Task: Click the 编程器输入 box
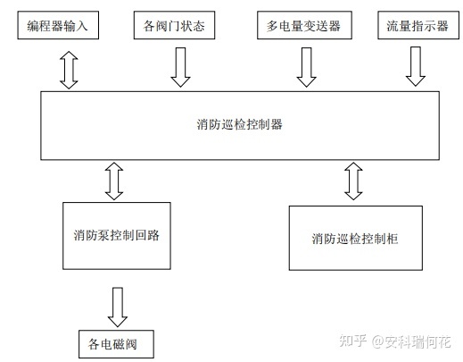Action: pyautogui.click(x=58, y=25)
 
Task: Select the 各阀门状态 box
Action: pyautogui.click(x=174, y=25)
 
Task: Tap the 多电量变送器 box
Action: pyautogui.click(x=304, y=25)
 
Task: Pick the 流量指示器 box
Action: pyautogui.click(x=418, y=25)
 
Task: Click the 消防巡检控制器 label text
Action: pyautogui.click(x=239, y=124)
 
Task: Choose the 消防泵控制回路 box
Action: pyautogui.click(x=117, y=236)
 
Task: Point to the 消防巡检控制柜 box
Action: pyautogui.click(x=356, y=238)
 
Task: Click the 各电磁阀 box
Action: pyautogui.click(x=116, y=344)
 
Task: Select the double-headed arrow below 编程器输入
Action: pyautogui.click(x=69, y=70)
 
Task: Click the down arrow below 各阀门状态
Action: pyautogui.click(x=180, y=67)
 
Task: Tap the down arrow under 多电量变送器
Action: pyautogui.click(x=307, y=67)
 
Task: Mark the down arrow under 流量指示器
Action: pyautogui.click(x=416, y=66)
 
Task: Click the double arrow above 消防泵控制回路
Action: pyautogui.click(x=114, y=181)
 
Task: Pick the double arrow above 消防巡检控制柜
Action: pyautogui.click(x=353, y=181)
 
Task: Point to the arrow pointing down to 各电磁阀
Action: pyautogui.click(x=118, y=307)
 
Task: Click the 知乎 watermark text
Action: pyautogui.click(x=353, y=341)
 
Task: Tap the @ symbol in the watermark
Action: pyautogui.click(x=377, y=341)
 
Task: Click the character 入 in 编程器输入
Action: pyautogui.click(x=81, y=26)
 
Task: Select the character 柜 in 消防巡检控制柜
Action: pyautogui.click(x=393, y=239)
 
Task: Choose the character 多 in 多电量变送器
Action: pyautogui.click(x=272, y=26)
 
